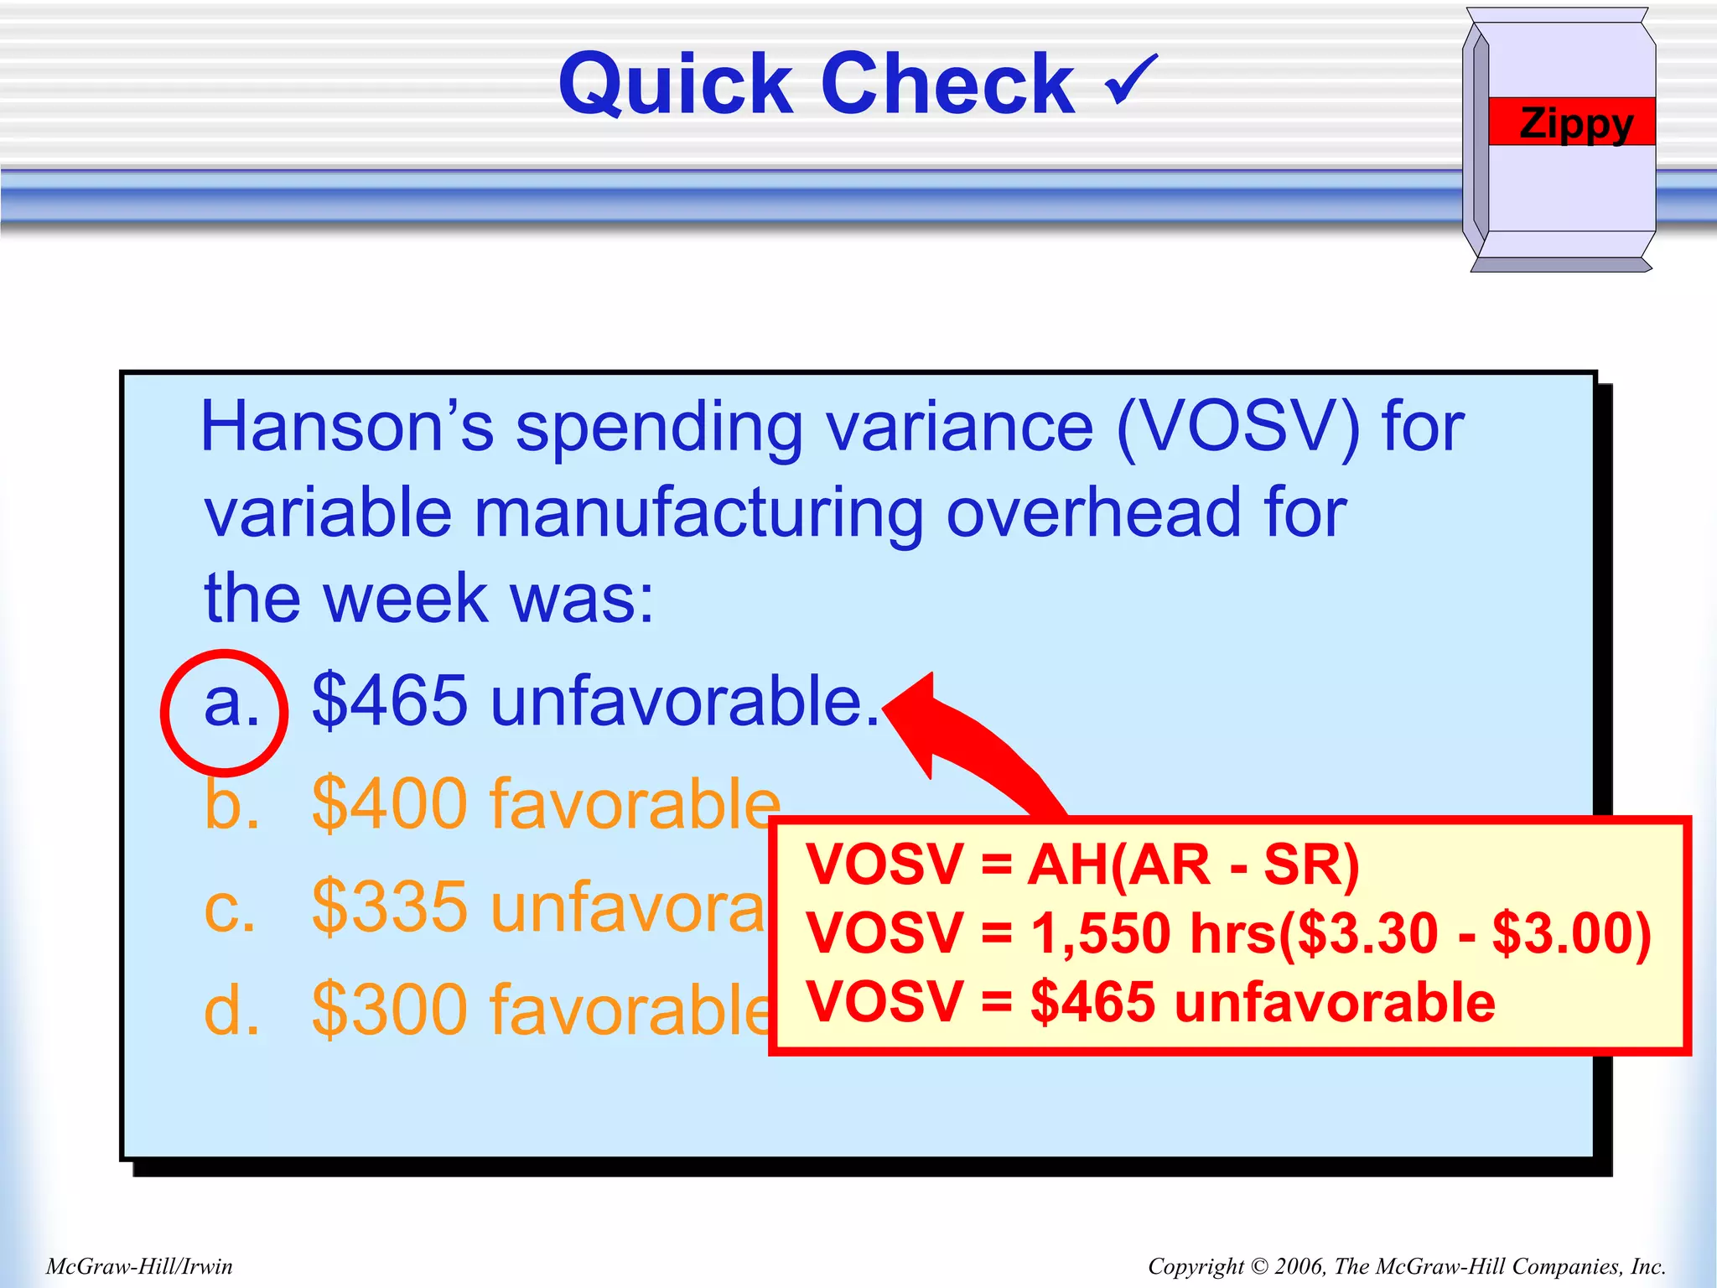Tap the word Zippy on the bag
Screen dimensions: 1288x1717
point(1575,123)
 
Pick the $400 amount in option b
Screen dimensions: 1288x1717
point(389,804)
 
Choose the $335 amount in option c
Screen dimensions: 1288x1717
point(389,906)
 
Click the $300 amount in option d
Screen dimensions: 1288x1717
point(389,1010)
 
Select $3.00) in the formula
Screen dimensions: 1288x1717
point(1571,933)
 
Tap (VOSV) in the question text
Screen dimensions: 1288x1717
point(1237,428)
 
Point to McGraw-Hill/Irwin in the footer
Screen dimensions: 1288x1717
point(139,1266)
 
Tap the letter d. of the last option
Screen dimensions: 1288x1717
point(231,1010)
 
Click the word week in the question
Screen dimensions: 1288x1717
point(406,600)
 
